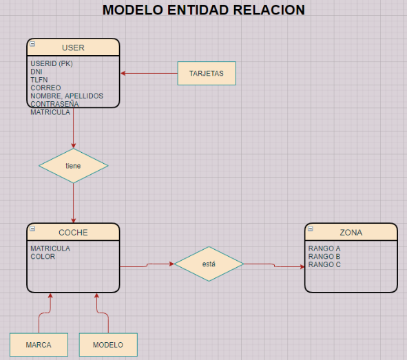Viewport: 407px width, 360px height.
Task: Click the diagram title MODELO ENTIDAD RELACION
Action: pos(203,10)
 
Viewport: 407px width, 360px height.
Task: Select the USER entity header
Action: pos(73,47)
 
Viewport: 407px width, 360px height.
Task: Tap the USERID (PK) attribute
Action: pos(52,64)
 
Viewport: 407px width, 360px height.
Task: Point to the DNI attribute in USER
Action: pos(36,72)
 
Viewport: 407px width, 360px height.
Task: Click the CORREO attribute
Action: pos(45,88)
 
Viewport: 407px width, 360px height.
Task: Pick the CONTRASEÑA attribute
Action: pos(54,104)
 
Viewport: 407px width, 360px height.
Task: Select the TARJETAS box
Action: pos(207,73)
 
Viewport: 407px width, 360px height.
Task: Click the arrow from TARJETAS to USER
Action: pos(149,73)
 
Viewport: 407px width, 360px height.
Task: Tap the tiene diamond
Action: pos(73,166)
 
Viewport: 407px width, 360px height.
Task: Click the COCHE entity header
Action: pos(73,233)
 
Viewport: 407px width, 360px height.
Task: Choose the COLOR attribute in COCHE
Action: pos(43,257)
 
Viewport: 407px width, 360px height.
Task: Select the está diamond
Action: pos(209,264)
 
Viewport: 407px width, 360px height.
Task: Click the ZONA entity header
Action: pos(351,233)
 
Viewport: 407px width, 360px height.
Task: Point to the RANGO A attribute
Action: pos(324,248)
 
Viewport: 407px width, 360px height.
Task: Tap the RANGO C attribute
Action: pos(324,265)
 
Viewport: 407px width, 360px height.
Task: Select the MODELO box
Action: pos(108,344)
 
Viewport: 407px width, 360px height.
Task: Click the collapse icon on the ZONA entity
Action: pos(311,229)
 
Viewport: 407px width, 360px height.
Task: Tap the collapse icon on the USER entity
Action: pos(33,43)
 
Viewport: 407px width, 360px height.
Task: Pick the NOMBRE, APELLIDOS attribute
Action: pos(67,96)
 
